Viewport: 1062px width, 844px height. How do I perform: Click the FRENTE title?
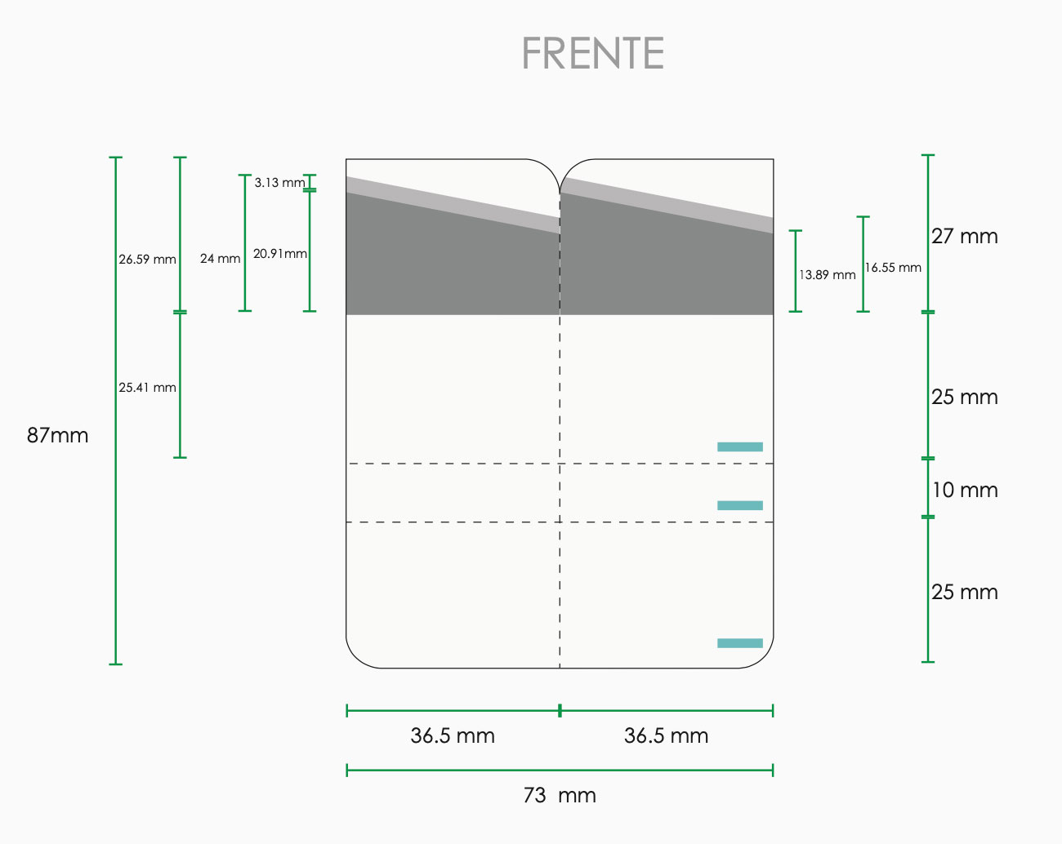tap(593, 53)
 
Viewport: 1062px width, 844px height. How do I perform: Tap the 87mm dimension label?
tap(58, 435)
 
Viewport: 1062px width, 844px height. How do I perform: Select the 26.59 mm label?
tap(147, 259)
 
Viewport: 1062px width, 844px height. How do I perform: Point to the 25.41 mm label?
tap(147, 387)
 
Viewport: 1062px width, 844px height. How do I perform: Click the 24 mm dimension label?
tap(220, 258)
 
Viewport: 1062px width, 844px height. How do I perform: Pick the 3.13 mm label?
tap(280, 182)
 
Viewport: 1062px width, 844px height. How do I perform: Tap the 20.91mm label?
tap(280, 254)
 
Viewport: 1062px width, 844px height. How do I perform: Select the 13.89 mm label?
tap(827, 275)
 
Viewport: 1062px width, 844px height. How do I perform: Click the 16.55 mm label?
tap(893, 268)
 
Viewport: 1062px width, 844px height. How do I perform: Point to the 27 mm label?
tap(964, 236)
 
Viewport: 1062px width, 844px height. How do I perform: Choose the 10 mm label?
tap(964, 490)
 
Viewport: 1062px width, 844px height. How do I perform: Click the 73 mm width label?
tap(560, 795)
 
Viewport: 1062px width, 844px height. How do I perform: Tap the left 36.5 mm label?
tap(453, 735)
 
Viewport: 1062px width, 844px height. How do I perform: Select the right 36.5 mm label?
tap(667, 735)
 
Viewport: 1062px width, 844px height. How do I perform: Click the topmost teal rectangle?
tap(740, 447)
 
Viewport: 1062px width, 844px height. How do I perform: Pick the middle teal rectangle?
tap(740, 505)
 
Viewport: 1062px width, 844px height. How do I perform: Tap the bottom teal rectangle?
tap(740, 642)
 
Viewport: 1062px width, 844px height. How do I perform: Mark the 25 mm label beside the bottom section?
tap(964, 592)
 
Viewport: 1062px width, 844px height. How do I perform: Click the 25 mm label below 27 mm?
tap(964, 397)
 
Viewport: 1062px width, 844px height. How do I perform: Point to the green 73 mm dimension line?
tap(560, 770)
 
